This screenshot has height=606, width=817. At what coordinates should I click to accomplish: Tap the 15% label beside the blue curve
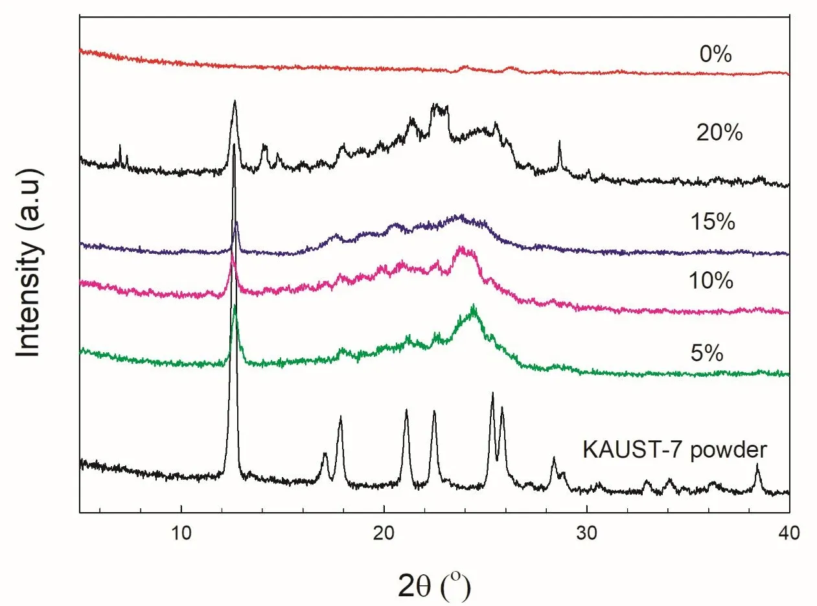click(713, 222)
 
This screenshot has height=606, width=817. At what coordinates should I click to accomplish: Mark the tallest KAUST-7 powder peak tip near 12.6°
click(234, 144)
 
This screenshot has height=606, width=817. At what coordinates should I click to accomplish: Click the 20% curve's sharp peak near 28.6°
click(559, 141)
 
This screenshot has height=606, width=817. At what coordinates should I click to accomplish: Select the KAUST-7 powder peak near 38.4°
click(757, 465)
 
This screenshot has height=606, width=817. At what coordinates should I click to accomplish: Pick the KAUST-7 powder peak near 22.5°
click(434, 412)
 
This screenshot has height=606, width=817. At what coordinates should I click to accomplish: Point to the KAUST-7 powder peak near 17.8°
click(340, 418)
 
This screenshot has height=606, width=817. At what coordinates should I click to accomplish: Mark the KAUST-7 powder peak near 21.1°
click(406, 410)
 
